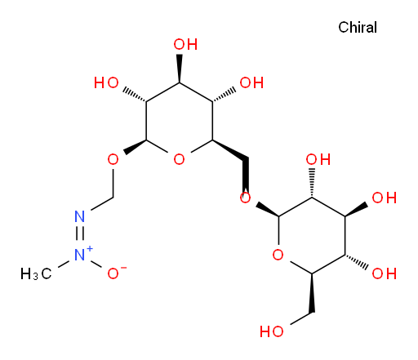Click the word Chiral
click(x=358, y=27)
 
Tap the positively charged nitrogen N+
click(x=80, y=255)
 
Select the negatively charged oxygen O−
click(x=113, y=273)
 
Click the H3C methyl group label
click(x=36, y=273)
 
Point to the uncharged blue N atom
click(x=80, y=216)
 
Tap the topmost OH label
click(x=185, y=44)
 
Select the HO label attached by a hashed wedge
click(x=106, y=82)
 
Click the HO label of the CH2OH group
click(x=272, y=331)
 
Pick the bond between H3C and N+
click(x=64, y=264)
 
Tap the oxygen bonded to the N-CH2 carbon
click(x=113, y=159)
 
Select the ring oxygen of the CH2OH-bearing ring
click(x=278, y=255)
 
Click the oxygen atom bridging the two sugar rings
click(x=245, y=198)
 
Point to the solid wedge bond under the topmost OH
click(x=179, y=69)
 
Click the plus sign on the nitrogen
click(x=90, y=248)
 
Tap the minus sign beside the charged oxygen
click(x=123, y=268)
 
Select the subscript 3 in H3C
click(x=35, y=278)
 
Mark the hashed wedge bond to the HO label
click(x=135, y=95)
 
